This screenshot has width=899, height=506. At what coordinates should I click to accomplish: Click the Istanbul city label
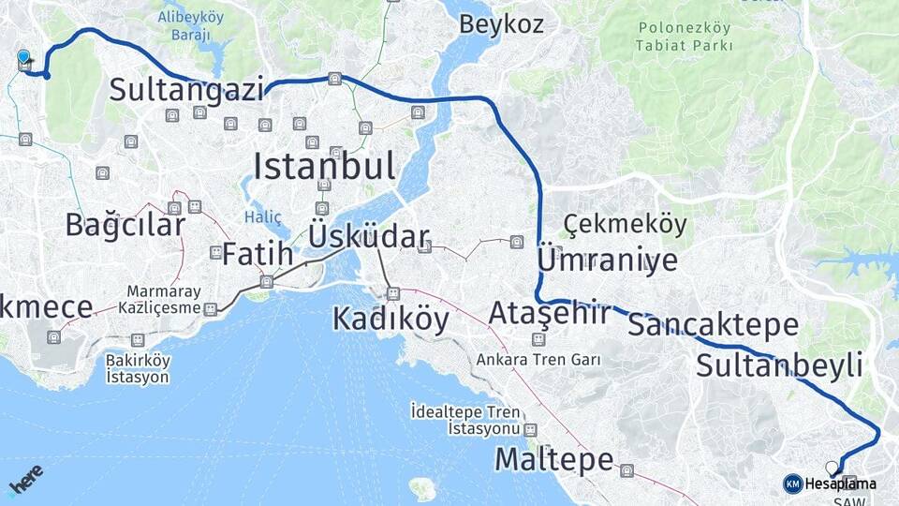point(324,167)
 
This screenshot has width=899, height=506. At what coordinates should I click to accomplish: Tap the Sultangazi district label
point(187,90)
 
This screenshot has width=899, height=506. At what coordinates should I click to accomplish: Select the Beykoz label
point(501,24)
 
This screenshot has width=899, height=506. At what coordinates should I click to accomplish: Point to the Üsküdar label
point(369,237)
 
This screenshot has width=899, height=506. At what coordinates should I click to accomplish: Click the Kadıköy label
point(391,320)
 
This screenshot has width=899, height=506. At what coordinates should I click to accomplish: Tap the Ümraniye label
point(607,260)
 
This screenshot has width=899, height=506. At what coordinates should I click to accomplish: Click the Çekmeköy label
point(626,225)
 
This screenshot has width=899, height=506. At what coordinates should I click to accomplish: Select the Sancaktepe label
point(713,325)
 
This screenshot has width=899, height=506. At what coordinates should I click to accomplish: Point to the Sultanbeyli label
point(779,365)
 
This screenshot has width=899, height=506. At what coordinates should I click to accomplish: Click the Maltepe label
point(553,459)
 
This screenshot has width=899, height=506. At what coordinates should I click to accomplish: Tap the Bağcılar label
point(125,225)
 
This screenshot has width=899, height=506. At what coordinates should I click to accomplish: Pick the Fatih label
point(258,254)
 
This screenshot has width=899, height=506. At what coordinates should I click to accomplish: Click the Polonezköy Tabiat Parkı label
point(683,36)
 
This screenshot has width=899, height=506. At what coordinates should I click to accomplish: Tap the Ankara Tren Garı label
point(538,359)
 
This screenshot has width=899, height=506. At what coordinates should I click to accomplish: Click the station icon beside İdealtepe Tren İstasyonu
point(531,430)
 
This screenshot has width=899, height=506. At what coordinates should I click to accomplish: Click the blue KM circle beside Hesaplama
point(792,484)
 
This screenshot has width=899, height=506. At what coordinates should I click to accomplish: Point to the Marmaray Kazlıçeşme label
point(160,300)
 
